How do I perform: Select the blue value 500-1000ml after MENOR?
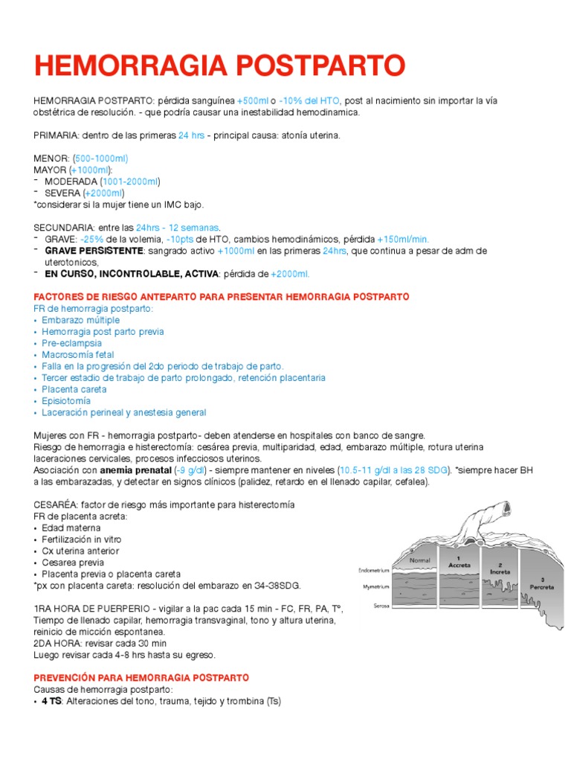pos(102,159)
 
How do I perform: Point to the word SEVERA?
pos(62,193)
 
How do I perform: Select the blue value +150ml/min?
pos(403,239)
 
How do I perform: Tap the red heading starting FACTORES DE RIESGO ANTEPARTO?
pos(222,296)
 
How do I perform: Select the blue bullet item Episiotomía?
pos(64,400)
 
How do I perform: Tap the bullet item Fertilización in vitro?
pos(82,539)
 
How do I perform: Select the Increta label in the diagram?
pos(500,571)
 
